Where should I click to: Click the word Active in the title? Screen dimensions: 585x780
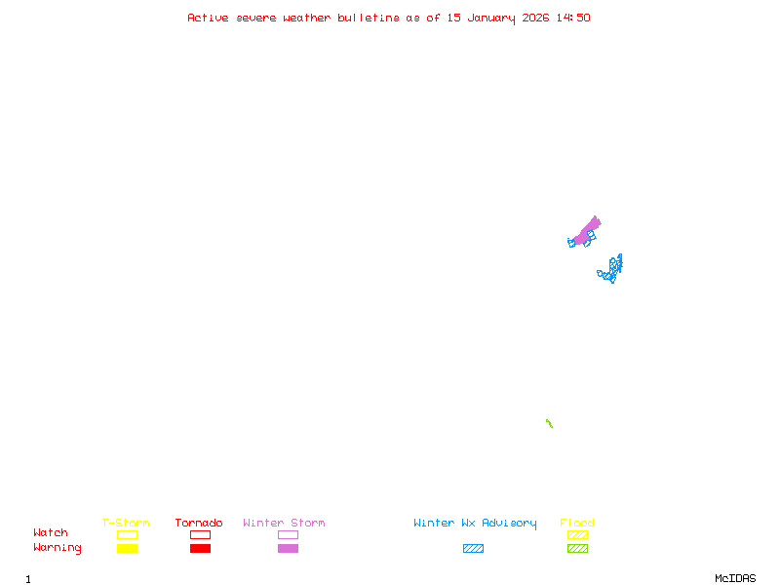point(208,18)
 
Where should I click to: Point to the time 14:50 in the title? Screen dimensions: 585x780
point(573,18)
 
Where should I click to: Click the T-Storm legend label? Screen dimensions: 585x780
point(126,523)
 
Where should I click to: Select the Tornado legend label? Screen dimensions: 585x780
point(199,523)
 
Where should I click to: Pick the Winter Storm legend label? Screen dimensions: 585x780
point(284,523)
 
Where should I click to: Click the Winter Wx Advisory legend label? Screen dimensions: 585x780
point(475,523)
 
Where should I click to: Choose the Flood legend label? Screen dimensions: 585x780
point(577,523)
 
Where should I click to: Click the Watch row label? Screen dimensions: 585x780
point(51,533)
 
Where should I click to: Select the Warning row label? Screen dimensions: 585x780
point(58,548)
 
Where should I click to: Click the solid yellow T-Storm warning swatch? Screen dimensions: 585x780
point(127,548)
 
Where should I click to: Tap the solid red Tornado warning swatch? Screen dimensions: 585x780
point(200,548)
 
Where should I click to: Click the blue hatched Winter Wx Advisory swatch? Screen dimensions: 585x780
point(473,548)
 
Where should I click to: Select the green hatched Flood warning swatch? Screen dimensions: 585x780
point(577,548)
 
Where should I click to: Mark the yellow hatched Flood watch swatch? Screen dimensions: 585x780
point(577,534)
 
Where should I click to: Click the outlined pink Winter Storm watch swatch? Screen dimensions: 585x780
point(288,534)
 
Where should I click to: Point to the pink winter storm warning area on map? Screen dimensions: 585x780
point(586,232)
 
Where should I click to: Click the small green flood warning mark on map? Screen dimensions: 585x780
point(550,423)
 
